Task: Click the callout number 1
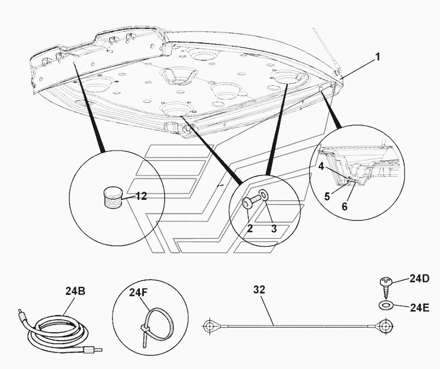click(x=378, y=57)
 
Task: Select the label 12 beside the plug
click(x=141, y=196)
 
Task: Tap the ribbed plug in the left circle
click(x=113, y=198)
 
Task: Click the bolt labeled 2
click(x=251, y=201)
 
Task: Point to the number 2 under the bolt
click(x=250, y=228)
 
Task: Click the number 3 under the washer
click(x=274, y=229)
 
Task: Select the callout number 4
click(x=321, y=166)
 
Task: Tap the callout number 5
click(x=327, y=196)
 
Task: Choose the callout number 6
click(x=345, y=207)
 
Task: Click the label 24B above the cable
click(x=75, y=291)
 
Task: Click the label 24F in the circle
click(x=138, y=293)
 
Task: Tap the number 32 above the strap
click(x=259, y=290)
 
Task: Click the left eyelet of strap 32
click(x=210, y=326)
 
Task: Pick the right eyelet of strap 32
click(x=386, y=326)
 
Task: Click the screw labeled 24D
click(x=385, y=288)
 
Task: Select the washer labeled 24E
click(x=385, y=306)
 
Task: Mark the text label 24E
click(x=420, y=307)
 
